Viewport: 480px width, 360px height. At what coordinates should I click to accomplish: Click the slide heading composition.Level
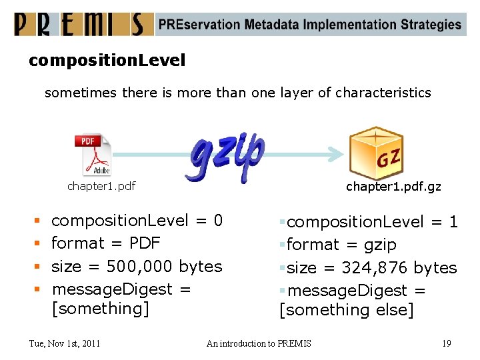(107, 61)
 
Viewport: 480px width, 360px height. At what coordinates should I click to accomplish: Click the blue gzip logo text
(227, 156)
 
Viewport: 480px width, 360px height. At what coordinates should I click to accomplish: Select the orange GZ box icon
(377, 153)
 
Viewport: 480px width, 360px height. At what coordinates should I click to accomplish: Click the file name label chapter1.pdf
(101, 186)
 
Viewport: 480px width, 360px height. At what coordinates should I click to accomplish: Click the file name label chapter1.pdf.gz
(393, 187)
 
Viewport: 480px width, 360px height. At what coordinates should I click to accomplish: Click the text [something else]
(347, 310)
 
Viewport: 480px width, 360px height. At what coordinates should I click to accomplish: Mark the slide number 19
(447, 343)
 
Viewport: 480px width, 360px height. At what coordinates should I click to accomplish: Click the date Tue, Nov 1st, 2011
(65, 343)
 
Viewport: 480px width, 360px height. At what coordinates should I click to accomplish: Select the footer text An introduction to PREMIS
(259, 343)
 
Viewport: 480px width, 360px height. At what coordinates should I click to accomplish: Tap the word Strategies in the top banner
(431, 25)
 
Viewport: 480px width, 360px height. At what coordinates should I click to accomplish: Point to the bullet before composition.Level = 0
(37, 220)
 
